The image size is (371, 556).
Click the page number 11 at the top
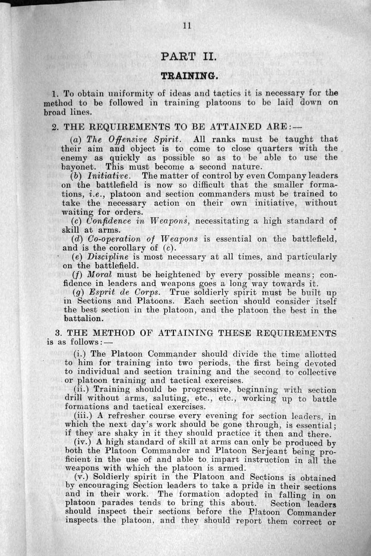(187, 26)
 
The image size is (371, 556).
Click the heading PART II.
(185, 56)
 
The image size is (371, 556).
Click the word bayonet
(76, 167)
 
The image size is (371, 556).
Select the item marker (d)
(77, 239)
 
